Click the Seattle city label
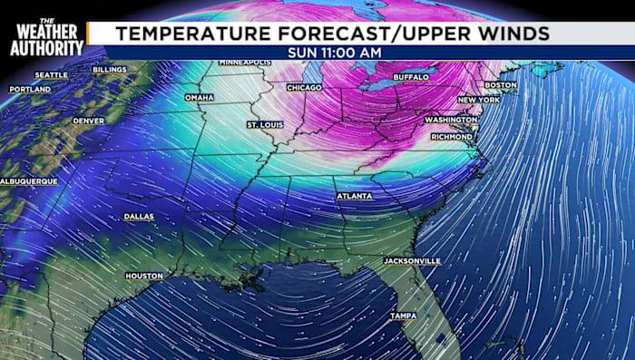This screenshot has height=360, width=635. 51,74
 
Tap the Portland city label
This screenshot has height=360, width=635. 30,90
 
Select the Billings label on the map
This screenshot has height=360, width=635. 109,69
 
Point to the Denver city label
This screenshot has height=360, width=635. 88,121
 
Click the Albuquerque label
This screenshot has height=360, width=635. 29,181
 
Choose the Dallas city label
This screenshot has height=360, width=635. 139,217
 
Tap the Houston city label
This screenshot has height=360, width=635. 144,276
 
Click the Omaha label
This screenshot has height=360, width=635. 199,97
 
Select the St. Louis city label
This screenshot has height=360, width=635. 265,122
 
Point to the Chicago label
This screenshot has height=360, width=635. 304,87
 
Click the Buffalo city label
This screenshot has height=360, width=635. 410,78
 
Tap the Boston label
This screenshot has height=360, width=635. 500,85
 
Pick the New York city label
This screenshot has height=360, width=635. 478,100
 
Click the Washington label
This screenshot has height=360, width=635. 451,120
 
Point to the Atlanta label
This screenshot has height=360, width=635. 353,196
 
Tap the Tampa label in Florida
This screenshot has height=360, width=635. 403,316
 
